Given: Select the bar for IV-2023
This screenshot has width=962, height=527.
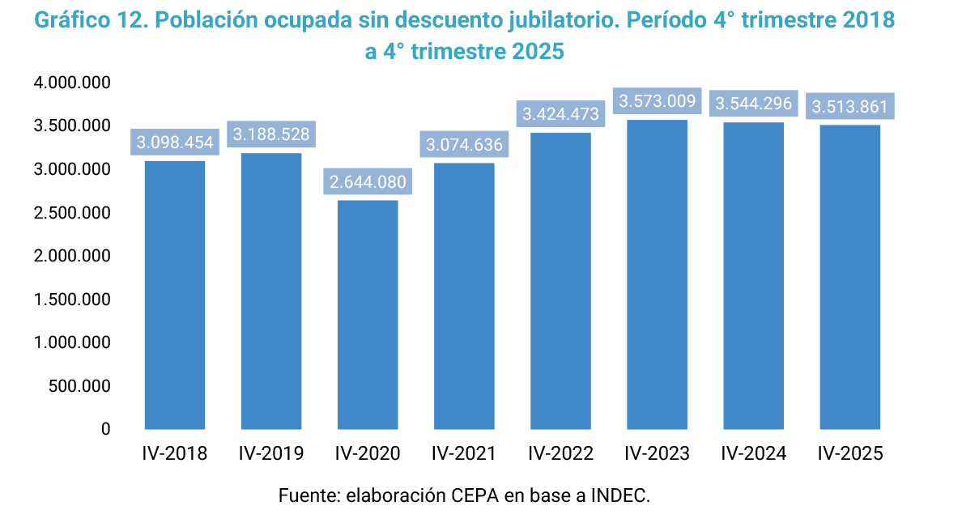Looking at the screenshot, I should click(657, 274).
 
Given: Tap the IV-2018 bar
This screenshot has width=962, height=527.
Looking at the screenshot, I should click(175, 295).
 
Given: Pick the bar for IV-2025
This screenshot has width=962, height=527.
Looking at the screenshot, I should click(849, 277).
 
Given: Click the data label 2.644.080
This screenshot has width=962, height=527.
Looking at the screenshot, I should click(368, 181).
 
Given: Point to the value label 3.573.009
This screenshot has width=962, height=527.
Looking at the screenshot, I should click(657, 101).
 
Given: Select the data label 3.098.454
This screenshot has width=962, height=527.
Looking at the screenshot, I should click(175, 142).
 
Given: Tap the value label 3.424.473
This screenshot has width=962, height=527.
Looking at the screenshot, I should click(560, 113).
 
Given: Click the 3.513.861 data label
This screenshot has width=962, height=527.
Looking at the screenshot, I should click(849, 106).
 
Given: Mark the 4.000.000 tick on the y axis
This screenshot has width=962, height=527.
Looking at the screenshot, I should click(73, 83).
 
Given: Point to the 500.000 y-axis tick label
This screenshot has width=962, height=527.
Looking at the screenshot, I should click(79, 386).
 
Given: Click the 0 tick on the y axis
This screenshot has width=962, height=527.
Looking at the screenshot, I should click(105, 429).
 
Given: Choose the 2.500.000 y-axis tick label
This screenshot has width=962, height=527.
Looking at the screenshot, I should click(73, 213).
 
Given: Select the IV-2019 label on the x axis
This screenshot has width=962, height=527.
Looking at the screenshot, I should click(271, 453).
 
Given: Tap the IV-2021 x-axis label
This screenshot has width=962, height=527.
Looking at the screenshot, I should click(464, 453).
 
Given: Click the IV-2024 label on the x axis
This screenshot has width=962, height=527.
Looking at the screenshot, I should click(753, 453).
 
